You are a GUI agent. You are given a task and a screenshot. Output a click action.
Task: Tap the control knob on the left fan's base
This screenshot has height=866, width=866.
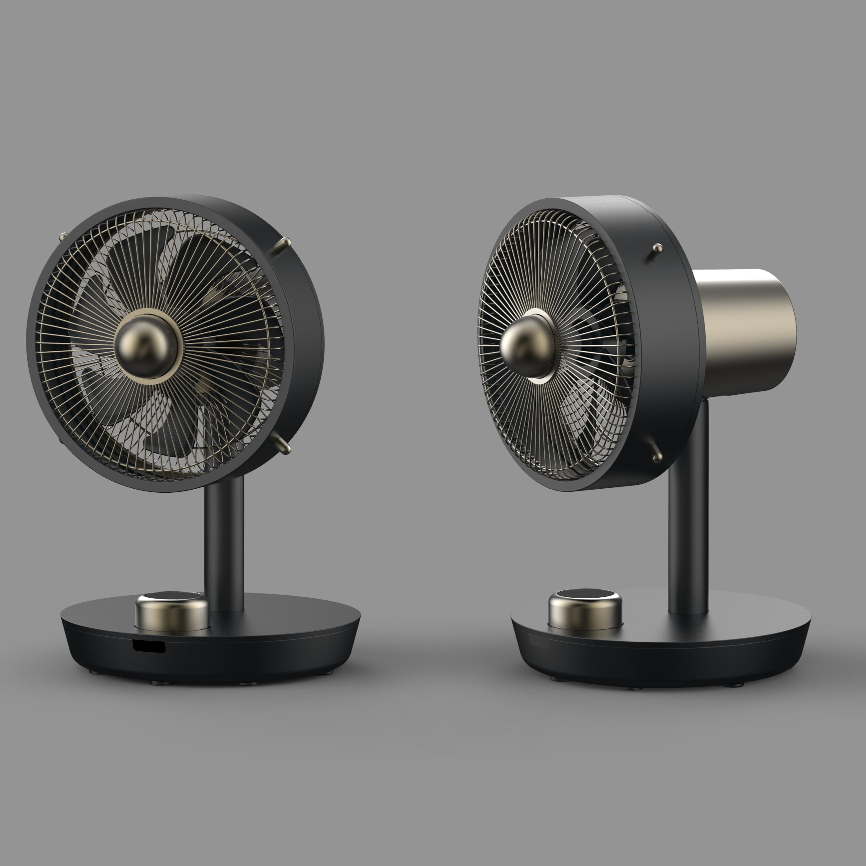tap(172, 612)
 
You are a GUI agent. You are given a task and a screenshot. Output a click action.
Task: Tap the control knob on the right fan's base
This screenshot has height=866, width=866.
tap(585, 610)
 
